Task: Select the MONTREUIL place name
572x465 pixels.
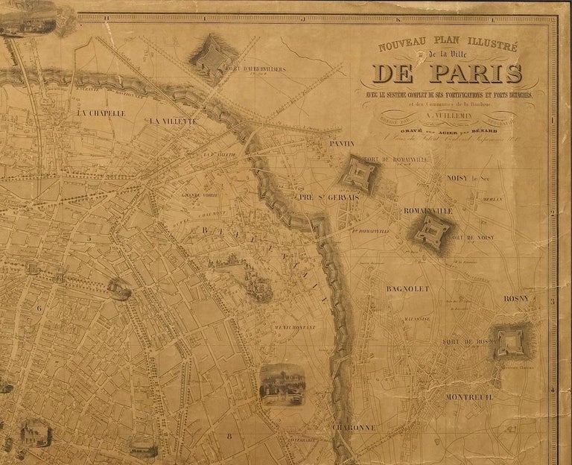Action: click(468, 396)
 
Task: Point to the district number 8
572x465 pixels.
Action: click(230, 436)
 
